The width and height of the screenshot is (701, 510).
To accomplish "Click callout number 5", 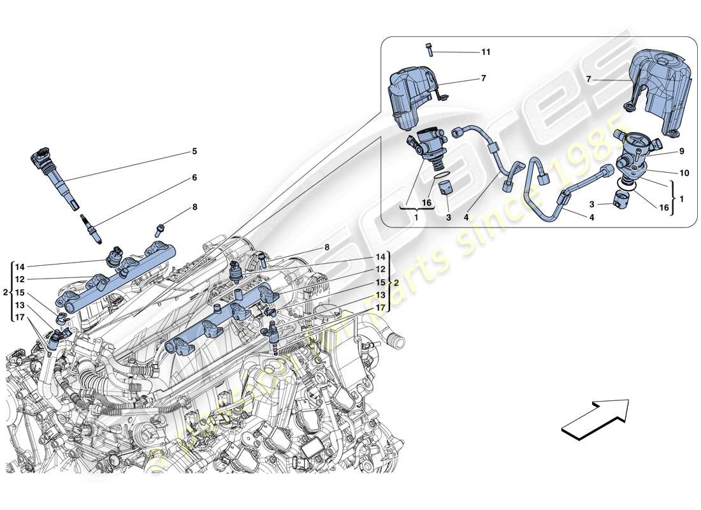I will coord(194,152).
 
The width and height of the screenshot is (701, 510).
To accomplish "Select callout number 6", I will coord(194,178).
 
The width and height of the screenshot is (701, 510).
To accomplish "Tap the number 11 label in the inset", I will coord(486,51).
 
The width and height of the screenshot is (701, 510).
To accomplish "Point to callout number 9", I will coord(663,152).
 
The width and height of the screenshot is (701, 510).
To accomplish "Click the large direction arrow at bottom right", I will coord(595,419).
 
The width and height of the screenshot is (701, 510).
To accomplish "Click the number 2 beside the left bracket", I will coord(5,293).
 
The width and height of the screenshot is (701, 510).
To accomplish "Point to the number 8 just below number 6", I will coord(194,207).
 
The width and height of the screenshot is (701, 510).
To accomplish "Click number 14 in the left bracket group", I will coord(20,267).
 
